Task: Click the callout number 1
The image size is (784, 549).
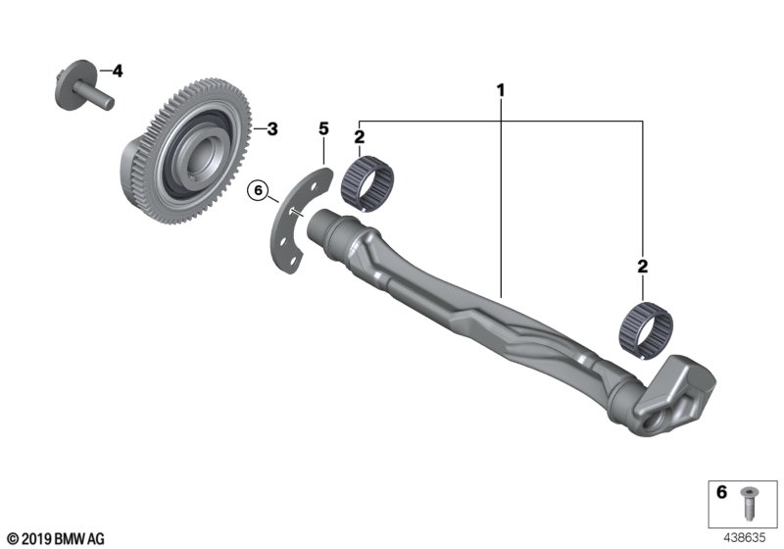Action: point(501,91)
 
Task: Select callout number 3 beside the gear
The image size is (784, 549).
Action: point(272,128)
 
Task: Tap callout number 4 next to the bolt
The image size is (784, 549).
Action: point(118,71)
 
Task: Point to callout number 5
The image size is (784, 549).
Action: point(322,128)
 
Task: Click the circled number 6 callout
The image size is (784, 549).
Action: point(259,190)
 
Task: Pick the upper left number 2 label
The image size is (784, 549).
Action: point(360,136)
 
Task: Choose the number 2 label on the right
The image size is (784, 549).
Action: point(642,266)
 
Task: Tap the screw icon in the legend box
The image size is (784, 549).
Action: point(749,504)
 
